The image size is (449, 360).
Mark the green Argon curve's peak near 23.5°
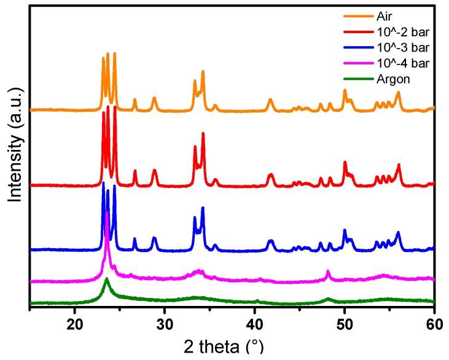(x=106, y=279)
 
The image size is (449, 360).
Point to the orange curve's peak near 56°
(x=398, y=92)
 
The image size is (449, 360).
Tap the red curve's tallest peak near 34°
(x=203, y=133)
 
